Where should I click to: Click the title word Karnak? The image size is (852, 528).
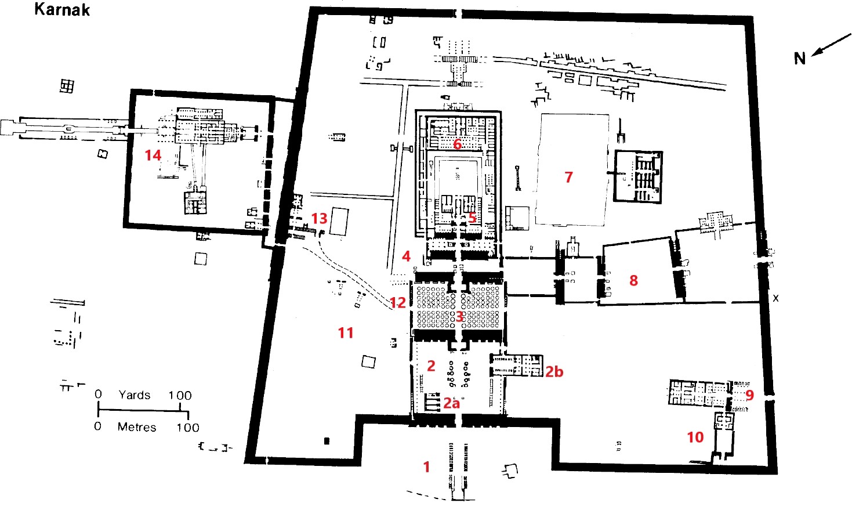[x=62, y=9]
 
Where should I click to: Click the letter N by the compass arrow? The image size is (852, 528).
[x=799, y=59]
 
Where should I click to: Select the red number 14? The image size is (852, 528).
[x=153, y=155]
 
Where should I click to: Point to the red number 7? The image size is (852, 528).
[x=568, y=177]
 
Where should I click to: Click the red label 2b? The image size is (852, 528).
[x=554, y=372]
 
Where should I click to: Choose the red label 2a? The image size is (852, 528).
[x=451, y=403]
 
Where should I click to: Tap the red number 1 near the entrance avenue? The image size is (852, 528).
[x=426, y=466]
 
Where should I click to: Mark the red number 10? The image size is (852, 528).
[x=695, y=437]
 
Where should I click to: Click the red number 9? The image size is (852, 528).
[x=749, y=395]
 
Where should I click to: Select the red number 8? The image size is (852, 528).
[x=633, y=280]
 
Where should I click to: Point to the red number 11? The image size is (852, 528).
[x=346, y=333]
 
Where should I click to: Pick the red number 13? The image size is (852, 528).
[x=319, y=218]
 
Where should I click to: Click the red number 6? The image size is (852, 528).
[x=457, y=144]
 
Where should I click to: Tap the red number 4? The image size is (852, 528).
[x=406, y=256]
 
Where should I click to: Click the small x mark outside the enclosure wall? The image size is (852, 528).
[x=776, y=299]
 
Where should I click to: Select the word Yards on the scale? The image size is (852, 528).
[x=135, y=395]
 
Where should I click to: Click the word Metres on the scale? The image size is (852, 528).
[x=137, y=427]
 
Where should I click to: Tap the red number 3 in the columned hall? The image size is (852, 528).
[x=459, y=316]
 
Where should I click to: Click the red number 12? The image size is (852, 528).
[x=398, y=302]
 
